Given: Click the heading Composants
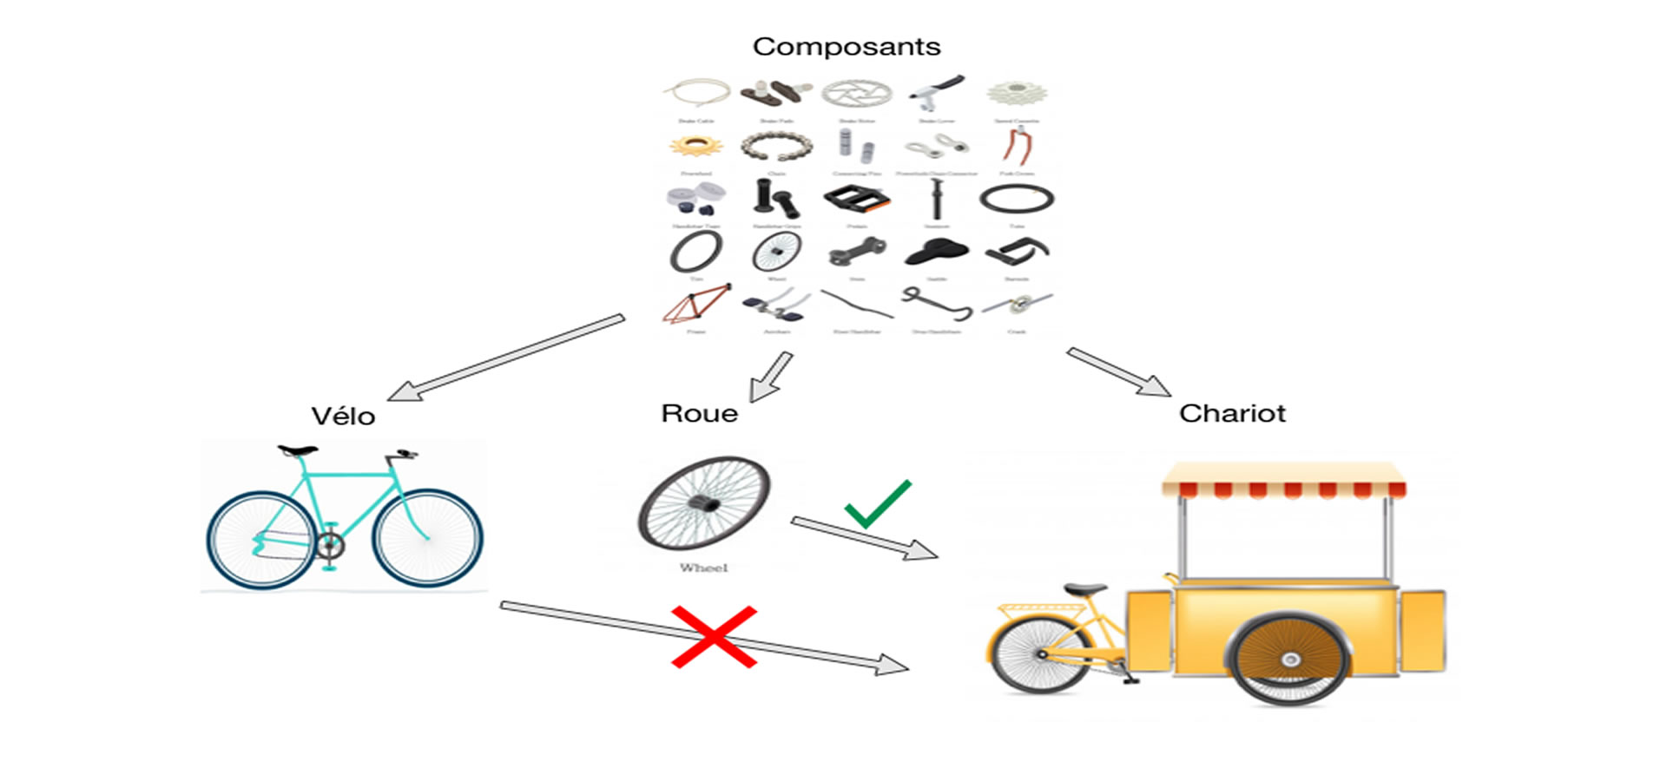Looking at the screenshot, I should (847, 46).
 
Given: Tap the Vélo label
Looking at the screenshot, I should (343, 417).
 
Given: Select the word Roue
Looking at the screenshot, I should (699, 413).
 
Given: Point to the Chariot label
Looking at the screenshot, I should (1231, 413).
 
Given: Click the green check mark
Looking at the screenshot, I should (877, 505).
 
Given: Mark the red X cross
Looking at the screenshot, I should (714, 637).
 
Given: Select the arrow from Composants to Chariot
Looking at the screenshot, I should (1118, 371).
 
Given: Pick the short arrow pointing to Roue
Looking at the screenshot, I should (771, 377).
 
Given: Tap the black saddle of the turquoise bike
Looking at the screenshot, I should (298, 450).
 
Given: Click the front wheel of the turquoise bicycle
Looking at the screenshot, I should (427, 538).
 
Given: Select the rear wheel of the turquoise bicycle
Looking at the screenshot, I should (260, 540).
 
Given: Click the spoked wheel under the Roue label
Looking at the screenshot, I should (704, 503).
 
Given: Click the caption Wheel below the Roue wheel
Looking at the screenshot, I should (703, 568).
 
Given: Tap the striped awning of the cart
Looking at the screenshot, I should (1283, 480).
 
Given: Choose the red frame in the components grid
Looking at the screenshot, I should (696, 304).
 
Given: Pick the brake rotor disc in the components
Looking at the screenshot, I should (856, 93).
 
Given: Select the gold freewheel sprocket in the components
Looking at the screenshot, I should (695, 146).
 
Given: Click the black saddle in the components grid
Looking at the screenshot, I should (936, 252).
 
